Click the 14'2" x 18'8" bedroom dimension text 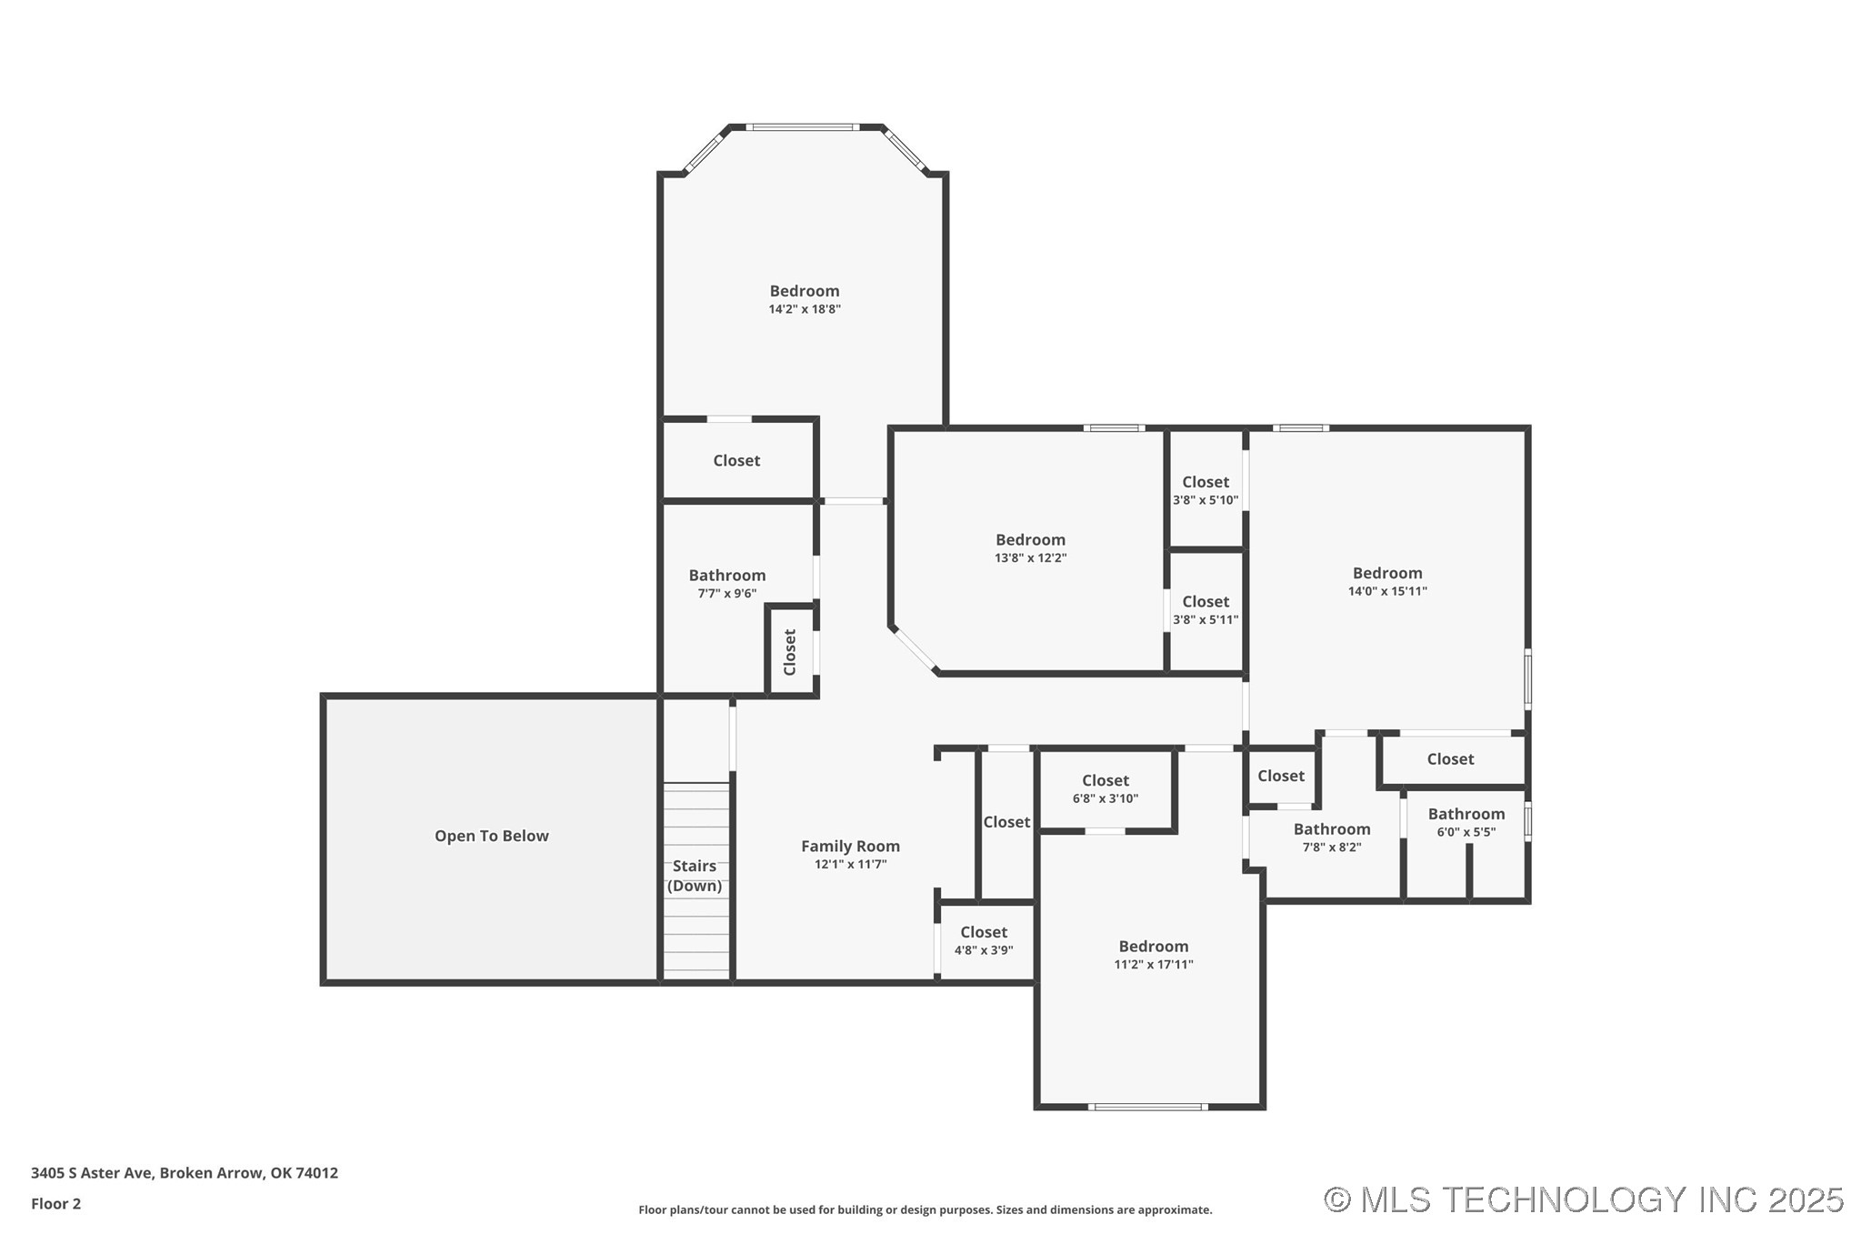[x=805, y=309]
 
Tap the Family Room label [x=850, y=846]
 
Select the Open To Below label [x=491, y=836]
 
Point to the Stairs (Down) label [x=695, y=876]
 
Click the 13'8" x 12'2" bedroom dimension [x=1030, y=558]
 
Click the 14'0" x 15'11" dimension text [x=1387, y=591]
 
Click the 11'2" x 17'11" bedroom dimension [x=1154, y=965]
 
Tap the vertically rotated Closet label [x=790, y=652]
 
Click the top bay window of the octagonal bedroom [x=803, y=127]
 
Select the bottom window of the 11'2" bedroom [x=1148, y=1107]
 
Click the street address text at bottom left [x=185, y=1173]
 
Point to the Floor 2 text [x=56, y=1204]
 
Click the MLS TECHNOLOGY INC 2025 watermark [x=1584, y=1199]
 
